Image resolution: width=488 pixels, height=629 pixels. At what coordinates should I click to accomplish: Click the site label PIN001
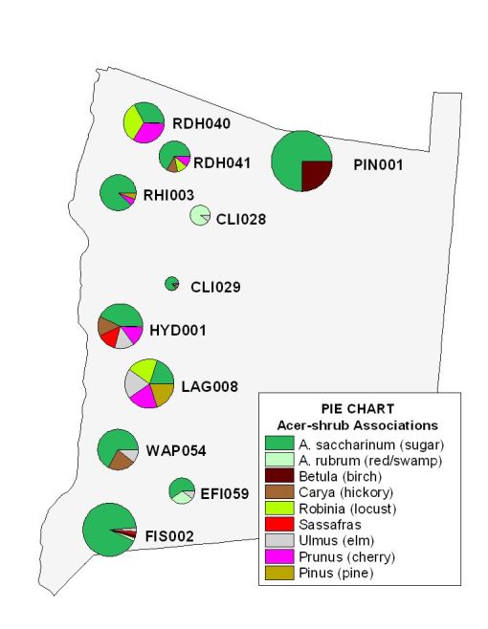tap(374, 164)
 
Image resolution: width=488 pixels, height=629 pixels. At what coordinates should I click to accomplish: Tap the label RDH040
tap(201, 123)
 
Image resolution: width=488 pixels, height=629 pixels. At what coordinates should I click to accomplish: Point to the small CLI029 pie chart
tap(172, 283)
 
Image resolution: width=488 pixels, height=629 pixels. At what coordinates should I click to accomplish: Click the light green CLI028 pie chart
tap(199, 215)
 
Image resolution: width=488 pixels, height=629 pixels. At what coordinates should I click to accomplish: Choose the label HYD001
tap(178, 331)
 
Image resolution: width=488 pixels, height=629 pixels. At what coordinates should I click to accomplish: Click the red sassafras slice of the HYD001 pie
tap(111, 337)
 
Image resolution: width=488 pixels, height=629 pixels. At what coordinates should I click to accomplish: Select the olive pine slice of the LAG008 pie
tap(163, 393)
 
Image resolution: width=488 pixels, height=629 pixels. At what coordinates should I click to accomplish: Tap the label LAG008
tap(210, 387)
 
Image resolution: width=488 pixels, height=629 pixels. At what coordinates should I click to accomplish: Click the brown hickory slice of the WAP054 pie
tap(122, 460)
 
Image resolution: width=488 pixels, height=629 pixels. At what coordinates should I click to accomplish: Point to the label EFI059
tap(225, 494)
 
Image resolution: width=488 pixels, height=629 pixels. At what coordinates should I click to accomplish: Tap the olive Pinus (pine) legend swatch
tap(279, 573)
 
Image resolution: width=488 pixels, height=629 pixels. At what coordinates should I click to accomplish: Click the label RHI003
tap(169, 195)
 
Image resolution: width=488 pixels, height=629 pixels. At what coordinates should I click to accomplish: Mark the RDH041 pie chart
tap(174, 157)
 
